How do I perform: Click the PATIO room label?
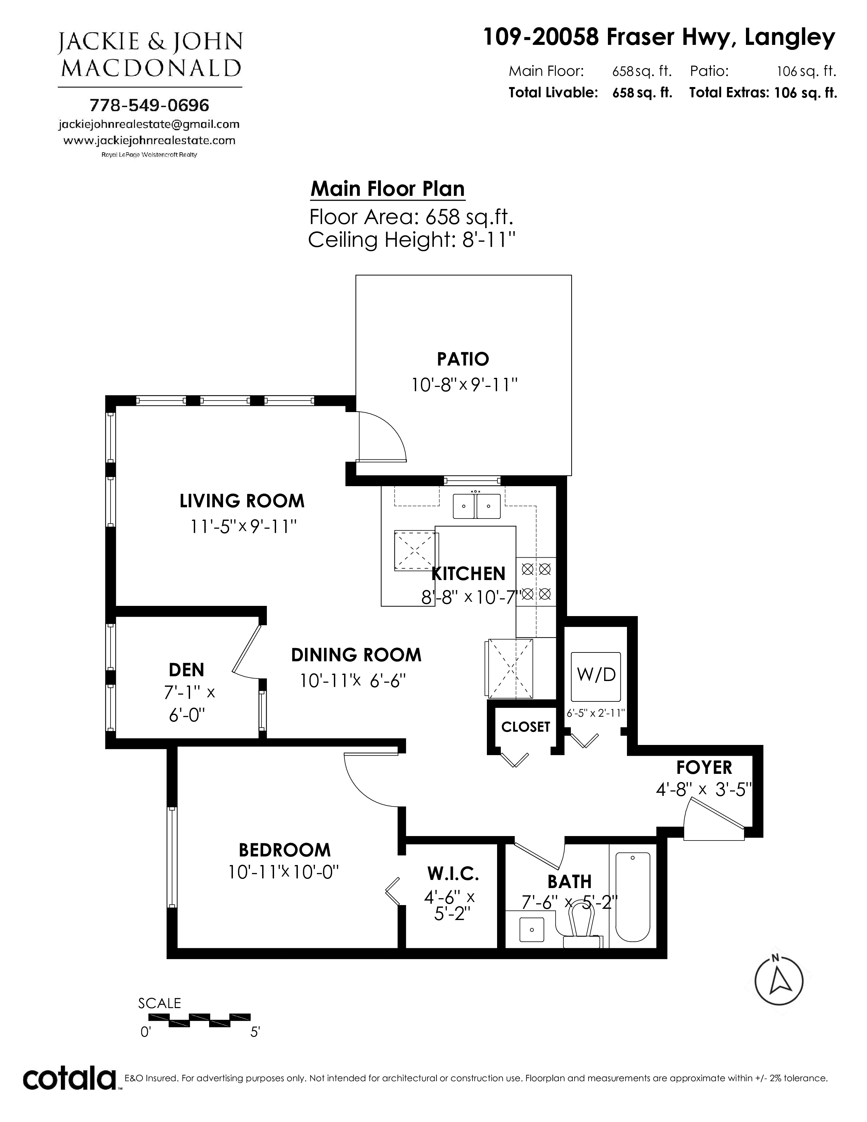(463, 359)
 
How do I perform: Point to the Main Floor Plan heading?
(388, 189)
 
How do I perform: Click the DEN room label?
(186, 670)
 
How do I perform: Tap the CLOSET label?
(525, 727)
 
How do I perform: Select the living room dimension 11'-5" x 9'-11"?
(243, 527)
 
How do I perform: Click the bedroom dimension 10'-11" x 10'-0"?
(284, 872)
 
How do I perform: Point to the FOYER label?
(704, 767)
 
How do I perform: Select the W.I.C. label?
(453, 873)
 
